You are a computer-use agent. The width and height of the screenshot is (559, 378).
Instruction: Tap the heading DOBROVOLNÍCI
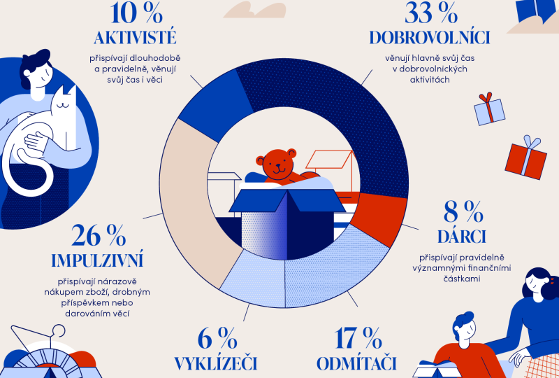(x=429, y=38)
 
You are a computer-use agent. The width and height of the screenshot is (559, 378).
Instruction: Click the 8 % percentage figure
(x=463, y=211)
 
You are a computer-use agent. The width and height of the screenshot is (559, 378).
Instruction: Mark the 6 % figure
(x=217, y=339)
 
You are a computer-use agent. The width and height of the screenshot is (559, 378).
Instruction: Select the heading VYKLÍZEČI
(x=217, y=364)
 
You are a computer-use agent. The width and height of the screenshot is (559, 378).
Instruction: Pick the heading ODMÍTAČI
(x=357, y=364)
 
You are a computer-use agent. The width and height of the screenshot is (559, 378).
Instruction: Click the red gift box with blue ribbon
(x=525, y=159)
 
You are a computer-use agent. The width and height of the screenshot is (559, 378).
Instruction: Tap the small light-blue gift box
(x=489, y=108)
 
